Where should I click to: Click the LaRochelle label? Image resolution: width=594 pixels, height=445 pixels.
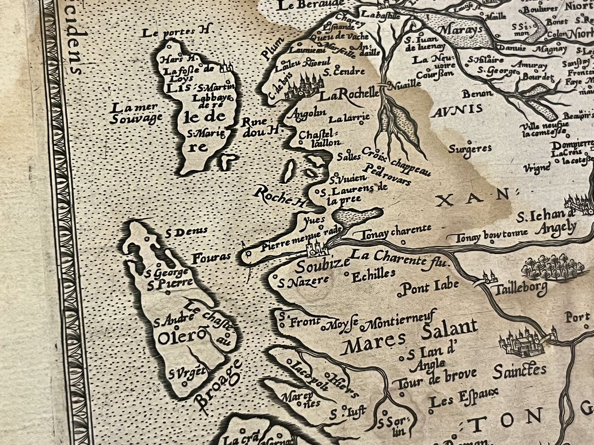point(349,95)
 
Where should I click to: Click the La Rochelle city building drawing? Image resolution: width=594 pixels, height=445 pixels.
point(303,86)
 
